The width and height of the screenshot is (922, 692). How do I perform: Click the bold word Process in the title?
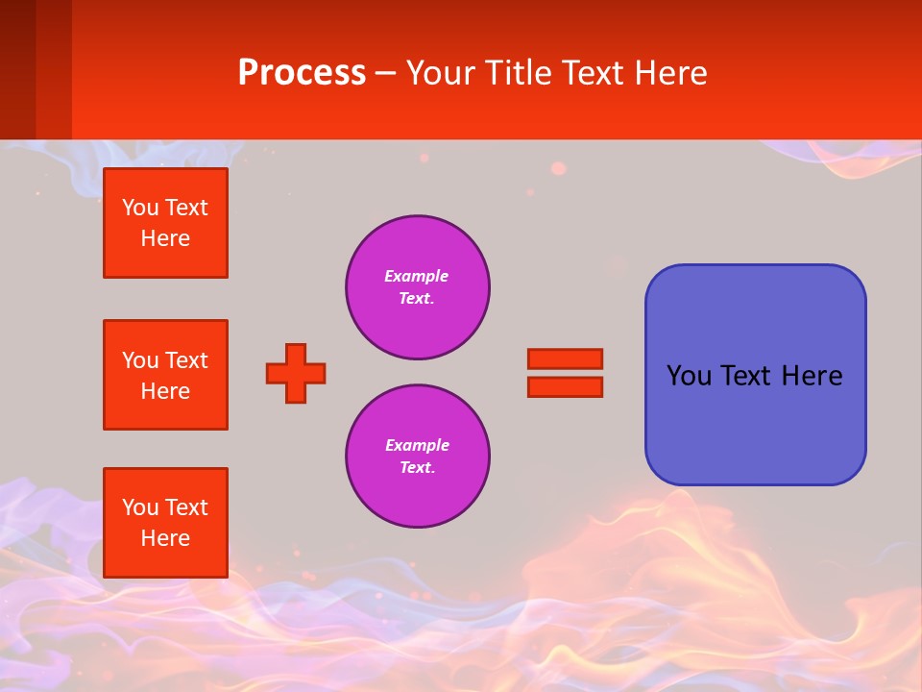tap(302, 73)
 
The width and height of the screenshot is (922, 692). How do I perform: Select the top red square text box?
tap(165, 223)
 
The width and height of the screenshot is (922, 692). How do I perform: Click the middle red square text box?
tap(165, 375)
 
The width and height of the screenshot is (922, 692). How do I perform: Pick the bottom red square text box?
tap(165, 523)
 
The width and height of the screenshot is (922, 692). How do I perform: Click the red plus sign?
tap(296, 373)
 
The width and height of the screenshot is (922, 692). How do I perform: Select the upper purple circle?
tap(418, 287)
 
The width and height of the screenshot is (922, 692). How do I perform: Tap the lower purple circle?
tap(418, 457)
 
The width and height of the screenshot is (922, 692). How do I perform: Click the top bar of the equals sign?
tap(565, 358)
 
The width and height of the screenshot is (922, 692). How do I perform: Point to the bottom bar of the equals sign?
tap(565, 386)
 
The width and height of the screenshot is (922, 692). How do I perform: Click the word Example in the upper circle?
tap(417, 276)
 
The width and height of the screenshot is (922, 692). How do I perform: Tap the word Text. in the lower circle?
tap(418, 468)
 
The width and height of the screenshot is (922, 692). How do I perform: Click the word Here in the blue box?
tap(812, 376)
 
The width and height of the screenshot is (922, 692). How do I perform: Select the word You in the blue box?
tap(688, 376)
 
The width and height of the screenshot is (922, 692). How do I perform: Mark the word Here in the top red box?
tap(165, 238)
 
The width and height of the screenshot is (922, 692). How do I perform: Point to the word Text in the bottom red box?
tap(186, 507)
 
